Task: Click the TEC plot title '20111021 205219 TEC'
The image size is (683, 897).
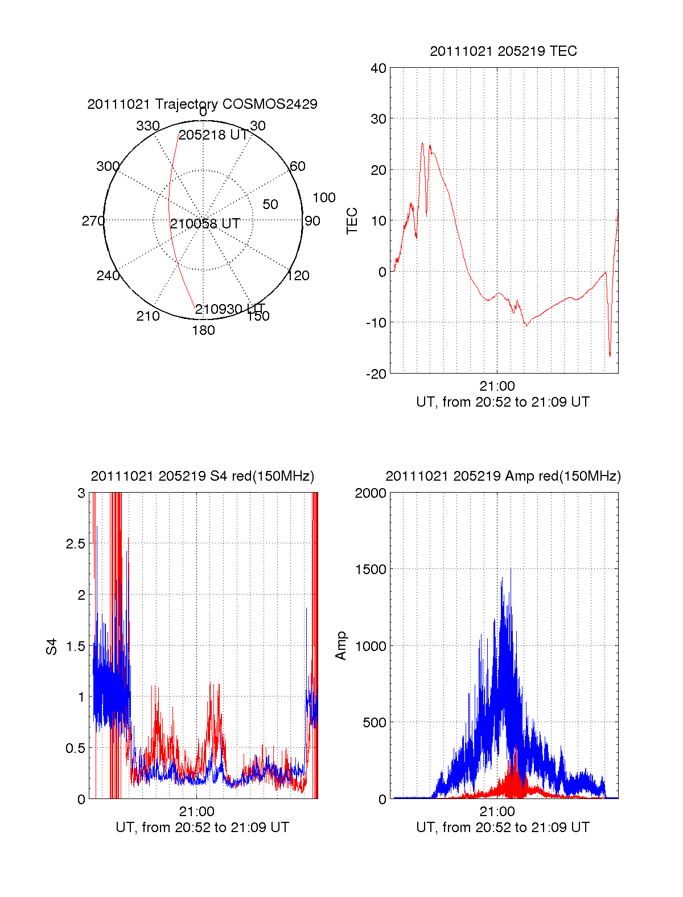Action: [503, 51]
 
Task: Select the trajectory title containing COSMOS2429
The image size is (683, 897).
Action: [202, 104]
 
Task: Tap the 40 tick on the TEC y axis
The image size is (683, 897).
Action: [378, 68]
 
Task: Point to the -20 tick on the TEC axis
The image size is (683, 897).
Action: [375, 374]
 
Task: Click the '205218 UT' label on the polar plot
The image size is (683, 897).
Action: [213, 135]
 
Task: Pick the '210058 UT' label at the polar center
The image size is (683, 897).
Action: [205, 224]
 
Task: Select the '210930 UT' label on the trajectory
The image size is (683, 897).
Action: [230, 309]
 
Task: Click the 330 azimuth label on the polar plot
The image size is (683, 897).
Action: [147, 126]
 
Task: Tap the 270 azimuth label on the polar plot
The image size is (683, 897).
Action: [93, 221]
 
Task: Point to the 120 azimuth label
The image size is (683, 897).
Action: [298, 276]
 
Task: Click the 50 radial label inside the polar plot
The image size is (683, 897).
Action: [270, 204]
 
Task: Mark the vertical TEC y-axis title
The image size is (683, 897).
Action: [352, 220]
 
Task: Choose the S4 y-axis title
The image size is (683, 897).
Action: [52, 646]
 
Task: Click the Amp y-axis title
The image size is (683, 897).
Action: [341, 646]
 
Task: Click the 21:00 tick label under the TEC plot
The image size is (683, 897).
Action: [497, 387]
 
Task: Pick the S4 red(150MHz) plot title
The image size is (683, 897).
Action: [202, 476]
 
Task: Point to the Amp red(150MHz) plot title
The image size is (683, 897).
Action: [503, 476]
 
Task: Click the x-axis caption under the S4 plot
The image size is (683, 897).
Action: [202, 828]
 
